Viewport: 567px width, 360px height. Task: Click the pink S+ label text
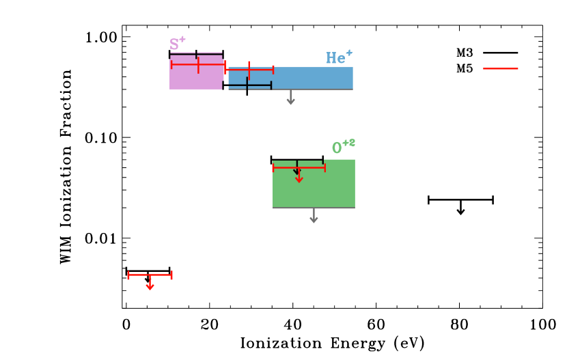[x=177, y=44]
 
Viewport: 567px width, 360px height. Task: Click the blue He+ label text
[x=339, y=58]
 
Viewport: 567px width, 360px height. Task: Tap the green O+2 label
[x=343, y=147]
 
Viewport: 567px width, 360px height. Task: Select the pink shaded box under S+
[x=195, y=79]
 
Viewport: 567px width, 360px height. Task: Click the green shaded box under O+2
[x=314, y=188]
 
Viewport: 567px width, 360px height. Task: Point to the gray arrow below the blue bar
[x=290, y=98]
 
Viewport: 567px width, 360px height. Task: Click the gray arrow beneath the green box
[x=314, y=217]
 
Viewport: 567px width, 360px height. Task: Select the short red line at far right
[x=501, y=68]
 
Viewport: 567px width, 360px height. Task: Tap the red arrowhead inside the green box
[x=299, y=179]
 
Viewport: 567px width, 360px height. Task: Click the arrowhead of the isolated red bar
[x=150, y=287]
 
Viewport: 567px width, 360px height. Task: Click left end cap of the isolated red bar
[x=128, y=275]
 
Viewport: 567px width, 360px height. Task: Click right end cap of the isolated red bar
[x=171, y=275]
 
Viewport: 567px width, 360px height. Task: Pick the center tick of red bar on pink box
[x=198, y=65]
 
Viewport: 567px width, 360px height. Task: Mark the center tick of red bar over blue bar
[x=249, y=70]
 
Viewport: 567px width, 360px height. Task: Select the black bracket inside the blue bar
[x=249, y=85]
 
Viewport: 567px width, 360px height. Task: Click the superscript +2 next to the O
[x=348, y=143]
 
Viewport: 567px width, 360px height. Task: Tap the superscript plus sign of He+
[x=349, y=53]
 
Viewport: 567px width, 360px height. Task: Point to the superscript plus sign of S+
[x=182, y=39]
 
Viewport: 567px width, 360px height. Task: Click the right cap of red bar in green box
[x=324, y=167]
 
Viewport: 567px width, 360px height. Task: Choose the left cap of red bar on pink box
[x=171, y=65]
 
